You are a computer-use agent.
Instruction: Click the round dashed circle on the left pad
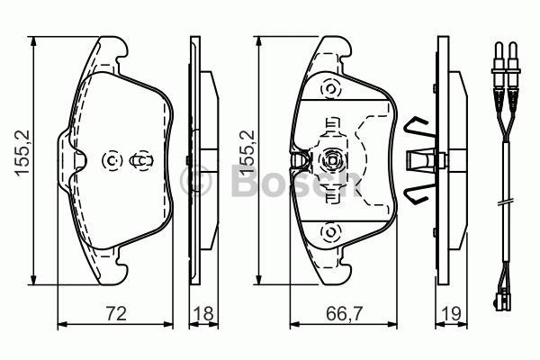point(113,161)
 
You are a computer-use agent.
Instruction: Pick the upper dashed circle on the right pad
point(329,89)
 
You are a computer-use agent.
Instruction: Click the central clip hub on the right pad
point(329,161)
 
